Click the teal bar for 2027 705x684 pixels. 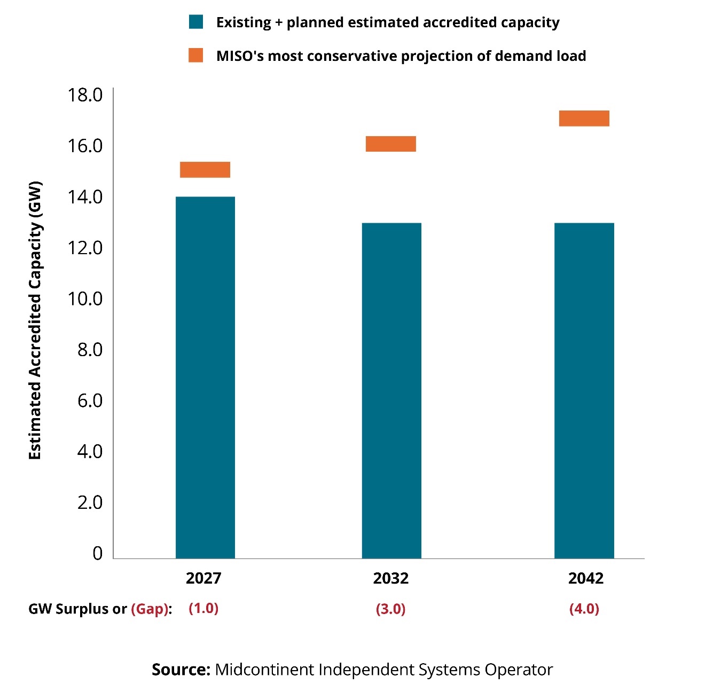(x=205, y=377)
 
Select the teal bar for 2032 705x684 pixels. (x=391, y=390)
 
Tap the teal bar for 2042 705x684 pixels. (x=584, y=390)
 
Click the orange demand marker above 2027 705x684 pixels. (x=205, y=169)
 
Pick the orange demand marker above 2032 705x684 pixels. (x=391, y=144)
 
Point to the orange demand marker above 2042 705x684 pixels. (x=584, y=118)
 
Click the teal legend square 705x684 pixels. (x=196, y=22)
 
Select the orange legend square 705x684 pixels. (x=196, y=55)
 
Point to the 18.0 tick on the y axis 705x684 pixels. (x=85, y=95)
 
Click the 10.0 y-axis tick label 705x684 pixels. (x=85, y=298)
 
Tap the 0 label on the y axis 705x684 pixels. (x=97, y=553)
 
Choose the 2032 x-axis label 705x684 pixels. (x=391, y=578)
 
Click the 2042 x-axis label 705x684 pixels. (x=586, y=578)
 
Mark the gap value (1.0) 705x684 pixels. (x=203, y=608)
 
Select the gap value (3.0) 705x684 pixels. (x=391, y=609)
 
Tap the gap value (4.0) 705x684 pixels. (x=584, y=609)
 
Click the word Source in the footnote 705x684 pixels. (x=181, y=669)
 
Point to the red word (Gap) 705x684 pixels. (x=150, y=609)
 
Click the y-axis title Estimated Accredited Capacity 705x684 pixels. (x=35, y=320)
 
